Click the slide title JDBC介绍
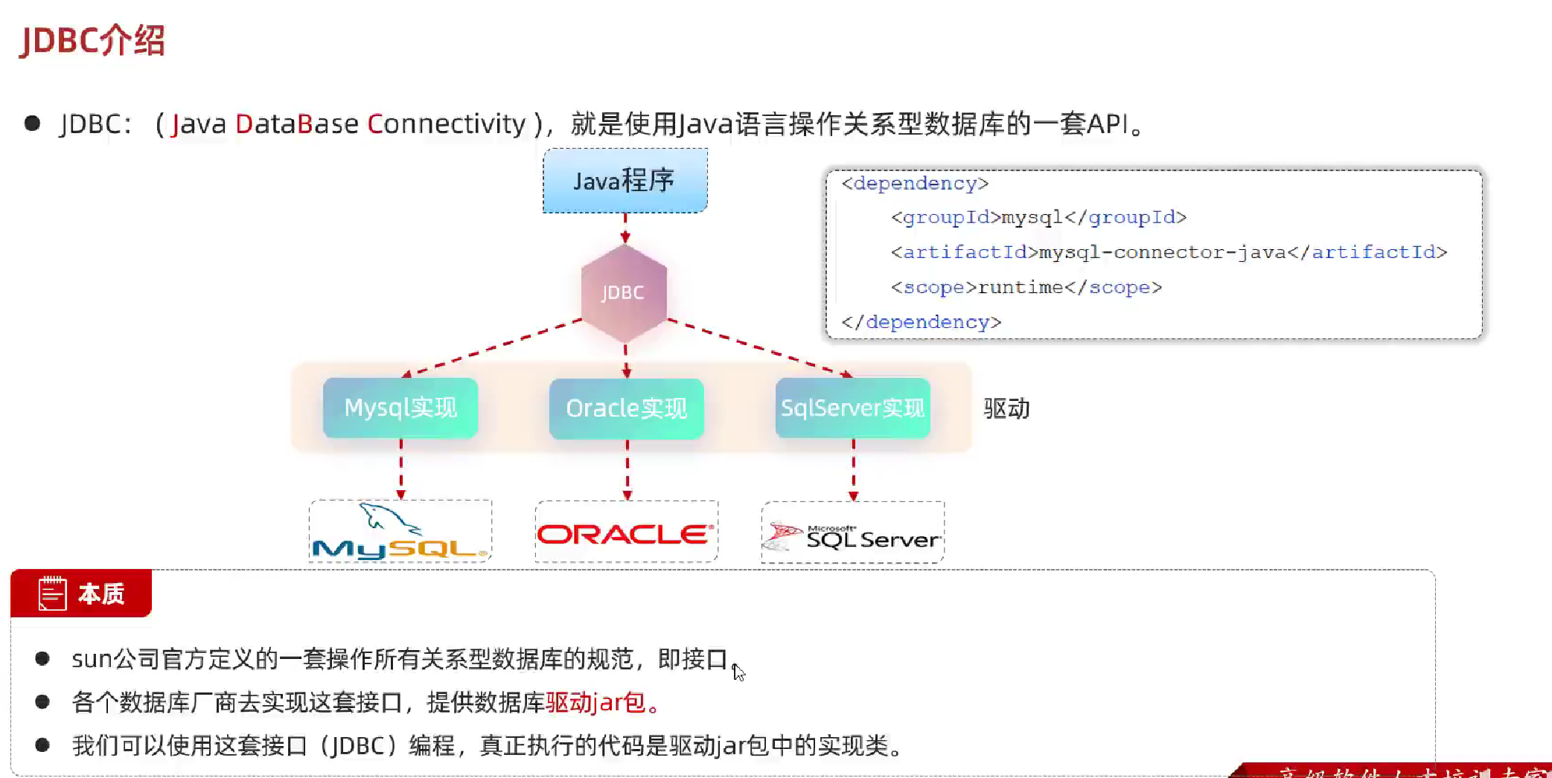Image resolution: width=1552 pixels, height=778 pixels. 92,40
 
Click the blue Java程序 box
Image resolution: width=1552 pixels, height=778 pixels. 625,181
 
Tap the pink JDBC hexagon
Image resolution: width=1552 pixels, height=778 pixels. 624,293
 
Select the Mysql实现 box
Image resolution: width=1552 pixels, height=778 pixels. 400,408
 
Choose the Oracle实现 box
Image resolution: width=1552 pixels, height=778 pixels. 626,408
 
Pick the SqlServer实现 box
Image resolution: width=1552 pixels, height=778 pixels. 852,408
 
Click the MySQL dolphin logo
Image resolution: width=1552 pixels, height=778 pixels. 400,532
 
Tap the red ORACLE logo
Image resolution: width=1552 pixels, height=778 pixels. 625,533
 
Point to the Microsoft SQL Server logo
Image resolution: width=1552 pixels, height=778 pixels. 853,535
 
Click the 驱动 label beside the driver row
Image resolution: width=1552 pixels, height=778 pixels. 1006,408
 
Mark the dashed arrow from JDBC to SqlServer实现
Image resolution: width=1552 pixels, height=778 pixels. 759,347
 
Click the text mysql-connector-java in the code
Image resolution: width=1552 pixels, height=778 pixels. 1162,252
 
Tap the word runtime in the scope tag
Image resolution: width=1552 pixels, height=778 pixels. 1020,287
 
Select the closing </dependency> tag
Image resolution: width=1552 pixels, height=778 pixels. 921,322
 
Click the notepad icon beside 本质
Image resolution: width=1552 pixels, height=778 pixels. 53,594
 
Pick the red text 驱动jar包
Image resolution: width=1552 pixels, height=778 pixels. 595,702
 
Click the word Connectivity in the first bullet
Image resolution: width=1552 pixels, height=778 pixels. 447,123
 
